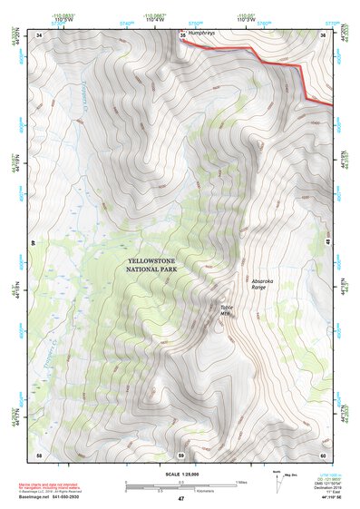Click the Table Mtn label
coord(227,309)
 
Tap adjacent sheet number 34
coord(39,34)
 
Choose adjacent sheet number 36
coord(323,34)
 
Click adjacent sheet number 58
coord(39,454)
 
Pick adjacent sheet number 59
coord(180,454)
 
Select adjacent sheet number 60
coord(323,454)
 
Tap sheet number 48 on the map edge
coord(326,244)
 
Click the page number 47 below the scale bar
coord(180,499)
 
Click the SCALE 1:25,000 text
coord(180,473)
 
